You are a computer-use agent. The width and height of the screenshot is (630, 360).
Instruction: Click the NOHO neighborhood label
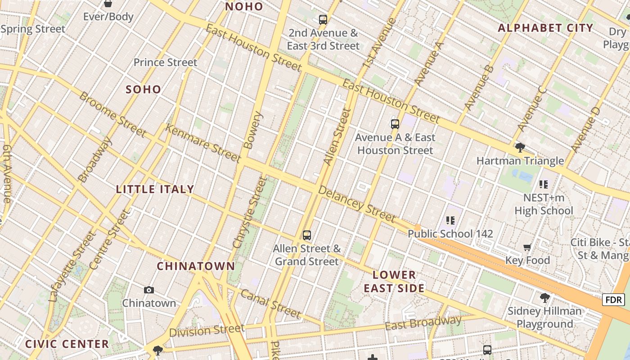click(x=244, y=7)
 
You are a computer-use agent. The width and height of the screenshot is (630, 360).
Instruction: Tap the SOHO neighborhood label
click(x=143, y=89)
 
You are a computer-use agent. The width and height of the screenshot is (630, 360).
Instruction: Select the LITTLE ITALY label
click(x=155, y=189)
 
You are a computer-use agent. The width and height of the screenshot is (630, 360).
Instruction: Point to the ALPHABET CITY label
click(x=545, y=28)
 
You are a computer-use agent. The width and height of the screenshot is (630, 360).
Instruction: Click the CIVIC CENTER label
click(x=67, y=344)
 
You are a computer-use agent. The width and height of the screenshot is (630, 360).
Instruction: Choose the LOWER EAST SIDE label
click(x=394, y=281)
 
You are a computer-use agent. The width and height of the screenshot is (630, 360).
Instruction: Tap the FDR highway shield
click(x=613, y=300)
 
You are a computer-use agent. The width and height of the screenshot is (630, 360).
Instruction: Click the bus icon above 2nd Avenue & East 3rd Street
click(x=323, y=19)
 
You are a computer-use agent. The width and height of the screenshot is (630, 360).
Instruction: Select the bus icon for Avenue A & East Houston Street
click(x=395, y=124)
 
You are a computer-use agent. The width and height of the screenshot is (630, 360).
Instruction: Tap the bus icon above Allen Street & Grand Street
click(x=307, y=235)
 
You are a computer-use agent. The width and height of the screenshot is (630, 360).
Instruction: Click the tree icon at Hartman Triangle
click(x=520, y=147)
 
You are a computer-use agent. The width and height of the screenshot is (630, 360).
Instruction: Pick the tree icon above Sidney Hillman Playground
click(x=544, y=297)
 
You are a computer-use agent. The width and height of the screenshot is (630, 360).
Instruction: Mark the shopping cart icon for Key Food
click(x=527, y=247)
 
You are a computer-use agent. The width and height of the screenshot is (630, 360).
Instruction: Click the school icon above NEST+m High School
click(x=543, y=184)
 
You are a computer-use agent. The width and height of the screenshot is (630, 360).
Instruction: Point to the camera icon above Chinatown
click(x=149, y=290)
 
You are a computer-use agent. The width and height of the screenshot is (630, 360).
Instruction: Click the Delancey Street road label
click(x=357, y=204)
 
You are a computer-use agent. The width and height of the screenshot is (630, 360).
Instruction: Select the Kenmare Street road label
click(x=202, y=143)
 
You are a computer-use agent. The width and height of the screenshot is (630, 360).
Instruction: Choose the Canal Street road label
click(x=270, y=303)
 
